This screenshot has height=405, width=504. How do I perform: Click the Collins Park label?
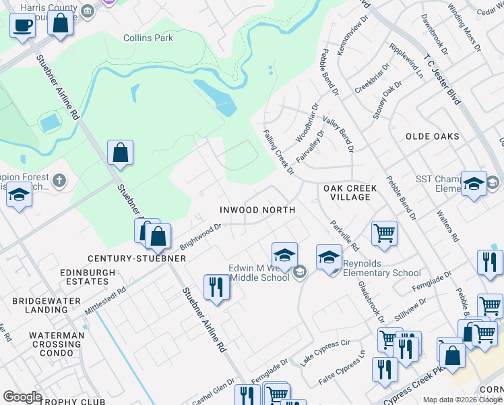[148, 38]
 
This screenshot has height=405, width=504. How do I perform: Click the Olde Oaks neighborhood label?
[433, 136]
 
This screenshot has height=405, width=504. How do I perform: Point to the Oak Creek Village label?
[347, 192]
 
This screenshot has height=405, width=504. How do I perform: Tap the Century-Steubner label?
[127, 259]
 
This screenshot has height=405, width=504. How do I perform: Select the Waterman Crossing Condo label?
[57, 340]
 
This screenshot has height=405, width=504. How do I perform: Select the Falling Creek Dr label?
[279, 152]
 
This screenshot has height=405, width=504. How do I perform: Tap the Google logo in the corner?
[22, 397]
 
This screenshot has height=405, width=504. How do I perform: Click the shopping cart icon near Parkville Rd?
[384, 234]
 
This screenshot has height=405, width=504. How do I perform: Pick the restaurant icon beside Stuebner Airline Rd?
[217, 286]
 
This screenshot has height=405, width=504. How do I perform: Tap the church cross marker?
[59, 180]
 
